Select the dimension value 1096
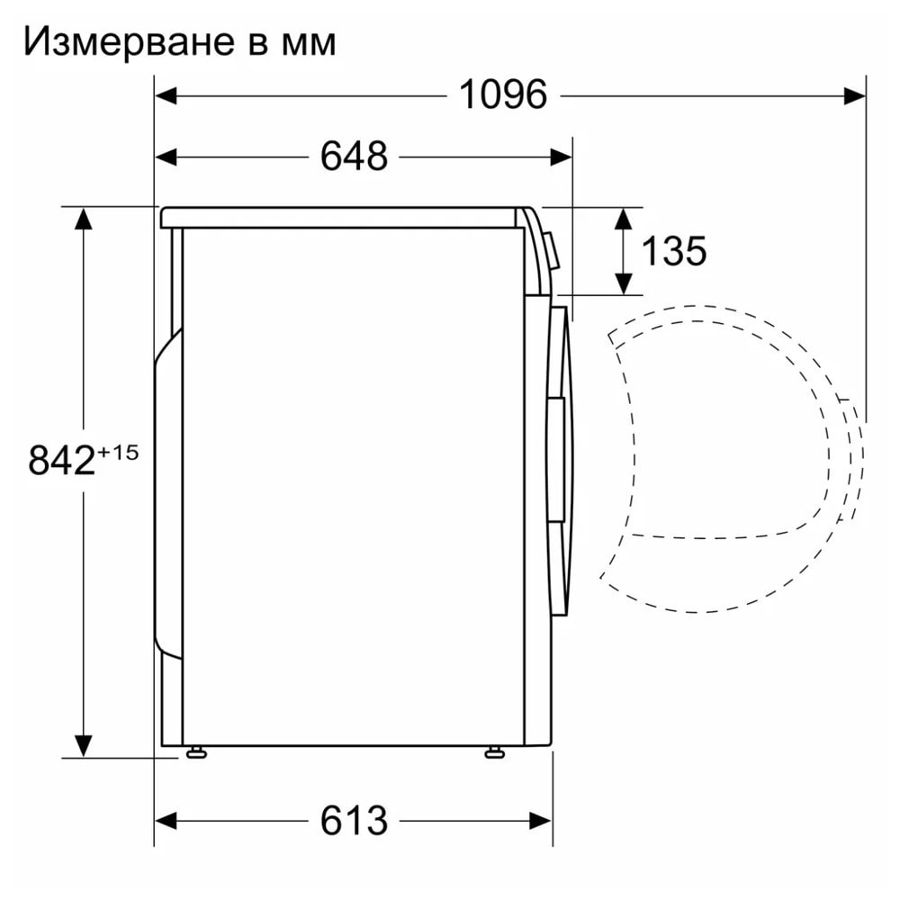point(503,94)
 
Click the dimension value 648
point(354,156)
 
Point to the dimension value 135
point(673,251)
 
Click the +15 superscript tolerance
point(118,453)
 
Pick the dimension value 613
point(354,820)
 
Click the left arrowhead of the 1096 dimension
point(166,96)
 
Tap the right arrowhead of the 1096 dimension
point(855,96)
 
